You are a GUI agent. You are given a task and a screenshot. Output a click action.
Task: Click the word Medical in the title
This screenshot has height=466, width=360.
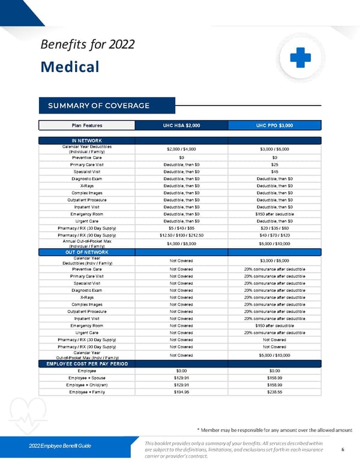(70, 66)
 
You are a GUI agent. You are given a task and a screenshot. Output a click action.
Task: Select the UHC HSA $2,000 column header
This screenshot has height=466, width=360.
(181, 126)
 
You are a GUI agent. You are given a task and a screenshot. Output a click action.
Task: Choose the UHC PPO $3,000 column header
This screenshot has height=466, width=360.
(274, 126)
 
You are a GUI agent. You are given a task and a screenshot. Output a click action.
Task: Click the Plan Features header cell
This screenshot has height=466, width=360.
(87, 126)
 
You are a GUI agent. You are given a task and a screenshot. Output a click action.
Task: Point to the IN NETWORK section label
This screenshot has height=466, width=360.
(87, 141)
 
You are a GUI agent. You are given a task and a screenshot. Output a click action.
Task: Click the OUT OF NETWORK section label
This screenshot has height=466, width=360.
(87, 252)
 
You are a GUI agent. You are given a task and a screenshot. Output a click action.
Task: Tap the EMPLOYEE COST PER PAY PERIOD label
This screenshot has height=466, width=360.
(87, 364)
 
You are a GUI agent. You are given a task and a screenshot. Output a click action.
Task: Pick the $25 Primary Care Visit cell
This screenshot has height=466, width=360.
(274, 164)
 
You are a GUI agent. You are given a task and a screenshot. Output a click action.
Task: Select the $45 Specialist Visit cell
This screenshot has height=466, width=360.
(274, 171)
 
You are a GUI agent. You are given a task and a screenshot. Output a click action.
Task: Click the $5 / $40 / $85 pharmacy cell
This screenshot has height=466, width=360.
(181, 228)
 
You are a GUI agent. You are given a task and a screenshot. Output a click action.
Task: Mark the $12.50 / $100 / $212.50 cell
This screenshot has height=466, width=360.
(181, 236)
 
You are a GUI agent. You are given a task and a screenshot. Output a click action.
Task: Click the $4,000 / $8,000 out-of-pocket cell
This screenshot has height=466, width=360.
(181, 244)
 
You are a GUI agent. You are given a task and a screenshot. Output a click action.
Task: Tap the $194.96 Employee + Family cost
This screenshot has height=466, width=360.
(181, 392)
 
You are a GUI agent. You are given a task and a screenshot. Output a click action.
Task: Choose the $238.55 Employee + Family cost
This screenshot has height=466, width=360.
(274, 392)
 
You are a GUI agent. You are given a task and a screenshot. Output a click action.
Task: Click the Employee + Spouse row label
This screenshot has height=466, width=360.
(87, 378)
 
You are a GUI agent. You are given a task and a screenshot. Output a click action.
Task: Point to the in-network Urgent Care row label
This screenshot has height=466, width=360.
(87, 221)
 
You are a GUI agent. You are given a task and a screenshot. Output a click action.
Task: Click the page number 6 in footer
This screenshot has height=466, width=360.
(342, 449)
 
